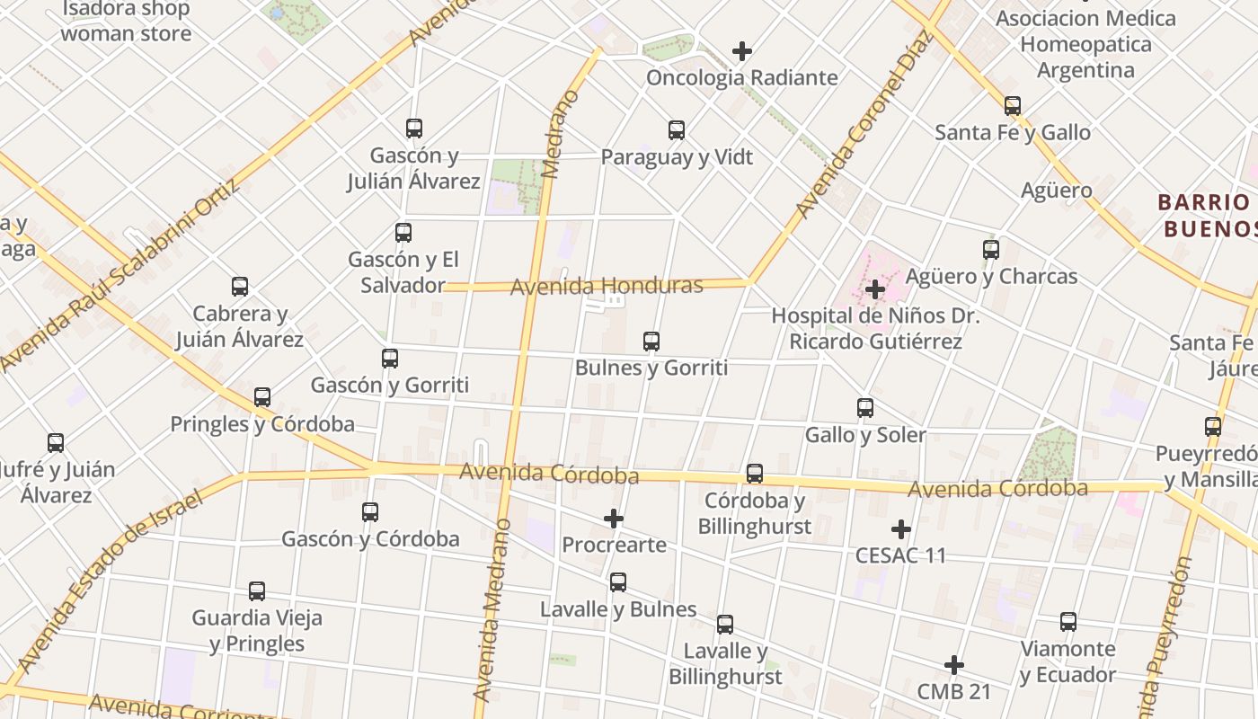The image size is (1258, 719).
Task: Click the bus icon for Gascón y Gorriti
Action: pyautogui.click(x=390, y=359)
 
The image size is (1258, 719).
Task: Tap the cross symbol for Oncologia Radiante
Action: pyautogui.click(x=742, y=51)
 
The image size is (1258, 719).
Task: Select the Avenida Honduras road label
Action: pyautogui.click(x=607, y=287)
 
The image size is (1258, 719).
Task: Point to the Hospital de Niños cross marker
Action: pyautogui.click(x=875, y=289)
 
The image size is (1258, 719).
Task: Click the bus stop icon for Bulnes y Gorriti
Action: pyautogui.click(x=651, y=342)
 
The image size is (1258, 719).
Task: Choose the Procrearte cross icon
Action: pyautogui.click(x=614, y=519)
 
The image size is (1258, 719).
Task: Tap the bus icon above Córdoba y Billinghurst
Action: pyautogui.click(x=755, y=474)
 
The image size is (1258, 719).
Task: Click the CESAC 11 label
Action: pyautogui.click(x=900, y=555)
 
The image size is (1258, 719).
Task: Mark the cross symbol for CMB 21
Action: pyautogui.click(x=954, y=665)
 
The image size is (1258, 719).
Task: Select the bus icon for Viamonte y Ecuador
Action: pyautogui.click(x=1068, y=622)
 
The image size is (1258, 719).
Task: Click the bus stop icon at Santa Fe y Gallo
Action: pyautogui.click(x=1013, y=106)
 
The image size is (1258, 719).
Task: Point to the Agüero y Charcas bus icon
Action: pyautogui.click(x=991, y=250)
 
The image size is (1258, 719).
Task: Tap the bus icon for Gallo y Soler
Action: pyautogui.click(x=865, y=408)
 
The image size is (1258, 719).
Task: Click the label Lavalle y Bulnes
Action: pyautogui.click(x=618, y=609)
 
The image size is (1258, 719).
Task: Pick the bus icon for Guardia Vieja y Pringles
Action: pyautogui.click(x=257, y=591)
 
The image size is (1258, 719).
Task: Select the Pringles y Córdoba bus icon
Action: pyautogui.click(x=262, y=397)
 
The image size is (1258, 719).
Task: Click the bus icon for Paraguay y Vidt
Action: pyautogui.click(x=677, y=130)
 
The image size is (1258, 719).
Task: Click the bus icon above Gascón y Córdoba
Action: pyautogui.click(x=370, y=512)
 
